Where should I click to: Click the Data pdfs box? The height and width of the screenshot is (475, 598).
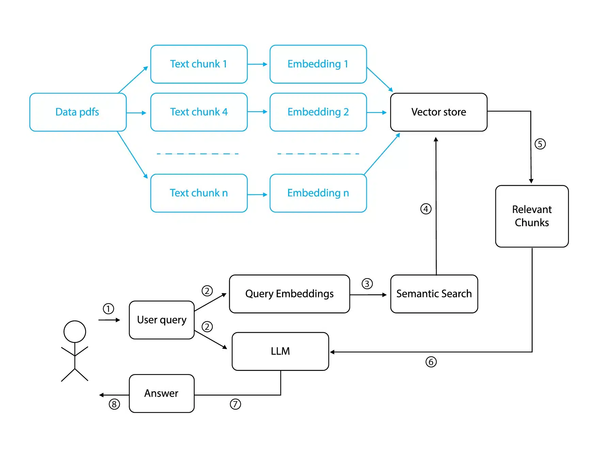(x=78, y=112)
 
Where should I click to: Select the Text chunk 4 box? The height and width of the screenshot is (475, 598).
(x=199, y=112)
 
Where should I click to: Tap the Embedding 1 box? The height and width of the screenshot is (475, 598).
(x=318, y=64)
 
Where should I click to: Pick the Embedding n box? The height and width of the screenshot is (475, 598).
(x=318, y=193)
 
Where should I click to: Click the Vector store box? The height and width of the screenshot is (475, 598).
(x=439, y=112)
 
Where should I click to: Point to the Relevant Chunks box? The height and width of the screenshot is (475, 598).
(x=532, y=216)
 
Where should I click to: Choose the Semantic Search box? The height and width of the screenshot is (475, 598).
(x=434, y=294)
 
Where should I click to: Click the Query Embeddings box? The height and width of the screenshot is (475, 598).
(x=289, y=294)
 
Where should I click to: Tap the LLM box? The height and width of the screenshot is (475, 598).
(x=280, y=351)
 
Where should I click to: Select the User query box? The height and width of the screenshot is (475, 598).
(x=162, y=320)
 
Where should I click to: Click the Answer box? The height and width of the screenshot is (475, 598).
(x=162, y=393)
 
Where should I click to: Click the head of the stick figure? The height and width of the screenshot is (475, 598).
(x=75, y=331)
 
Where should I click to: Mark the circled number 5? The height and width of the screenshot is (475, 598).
(x=540, y=144)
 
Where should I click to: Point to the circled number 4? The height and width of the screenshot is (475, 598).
(x=426, y=209)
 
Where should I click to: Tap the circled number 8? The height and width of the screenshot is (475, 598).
(x=114, y=404)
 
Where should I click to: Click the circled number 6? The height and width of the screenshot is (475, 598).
(x=431, y=362)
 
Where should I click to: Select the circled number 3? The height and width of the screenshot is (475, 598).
(x=367, y=283)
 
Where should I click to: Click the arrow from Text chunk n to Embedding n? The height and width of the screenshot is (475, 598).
(x=257, y=195)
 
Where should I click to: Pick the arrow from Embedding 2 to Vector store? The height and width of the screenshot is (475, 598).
(x=377, y=112)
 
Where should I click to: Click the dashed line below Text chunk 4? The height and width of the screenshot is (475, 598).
(x=198, y=154)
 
